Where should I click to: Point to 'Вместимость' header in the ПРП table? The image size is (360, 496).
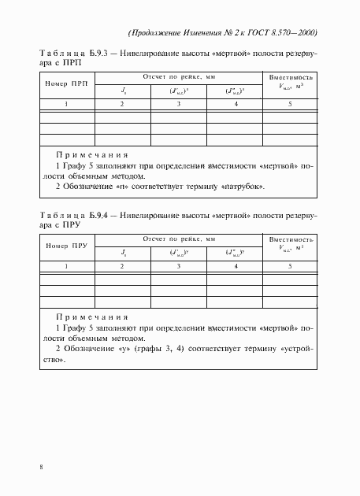291,78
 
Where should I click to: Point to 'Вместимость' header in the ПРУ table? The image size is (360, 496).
291,239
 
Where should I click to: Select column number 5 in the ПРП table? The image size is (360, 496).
291,104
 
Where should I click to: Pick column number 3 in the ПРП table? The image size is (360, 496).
179,104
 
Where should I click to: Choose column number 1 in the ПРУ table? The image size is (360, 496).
67,267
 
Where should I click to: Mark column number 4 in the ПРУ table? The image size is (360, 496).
236,267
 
